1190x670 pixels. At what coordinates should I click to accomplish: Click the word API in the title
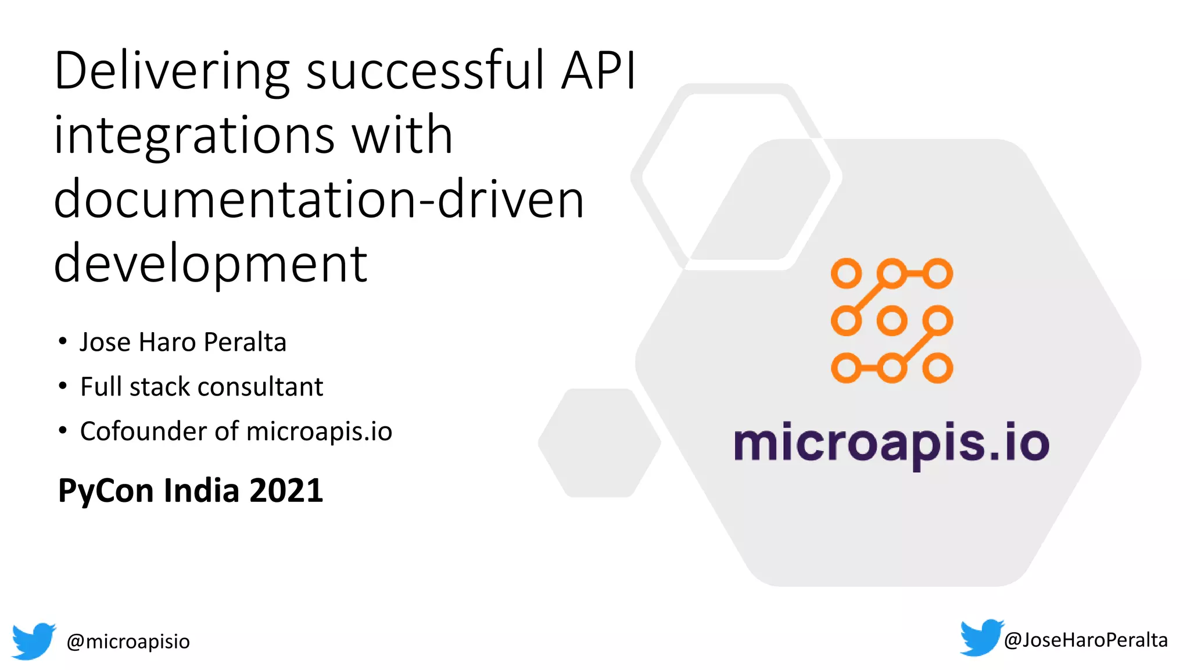pyautogui.click(x=598, y=70)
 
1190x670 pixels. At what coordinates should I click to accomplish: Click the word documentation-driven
pyautogui.click(x=318, y=199)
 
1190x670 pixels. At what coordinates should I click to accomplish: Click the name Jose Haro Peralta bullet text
pyautogui.click(x=183, y=342)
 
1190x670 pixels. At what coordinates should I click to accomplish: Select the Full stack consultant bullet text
pyautogui.click(x=201, y=387)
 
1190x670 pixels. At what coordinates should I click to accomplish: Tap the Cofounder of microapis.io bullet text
pyautogui.click(x=236, y=432)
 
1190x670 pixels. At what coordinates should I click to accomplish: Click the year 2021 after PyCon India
pyautogui.click(x=286, y=490)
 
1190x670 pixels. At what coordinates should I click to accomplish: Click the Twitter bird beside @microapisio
pyautogui.click(x=34, y=641)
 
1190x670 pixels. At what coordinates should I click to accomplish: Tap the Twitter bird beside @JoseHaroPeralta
pyautogui.click(x=981, y=637)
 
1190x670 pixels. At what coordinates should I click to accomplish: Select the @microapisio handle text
pyautogui.click(x=128, y=642)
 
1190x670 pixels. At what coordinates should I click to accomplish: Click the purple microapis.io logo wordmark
pyautogui.click(x=891, y=444)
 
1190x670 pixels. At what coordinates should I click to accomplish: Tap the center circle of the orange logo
pyautogui.click(x=892, y=321)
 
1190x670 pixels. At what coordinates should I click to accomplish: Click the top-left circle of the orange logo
pyautogui.click(x=846, y=273)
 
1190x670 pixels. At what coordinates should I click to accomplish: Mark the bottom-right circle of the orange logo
pyautogui.click(x=938, y=368)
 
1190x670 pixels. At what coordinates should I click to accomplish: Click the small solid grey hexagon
pyautogui.click(x=600, y=443)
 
